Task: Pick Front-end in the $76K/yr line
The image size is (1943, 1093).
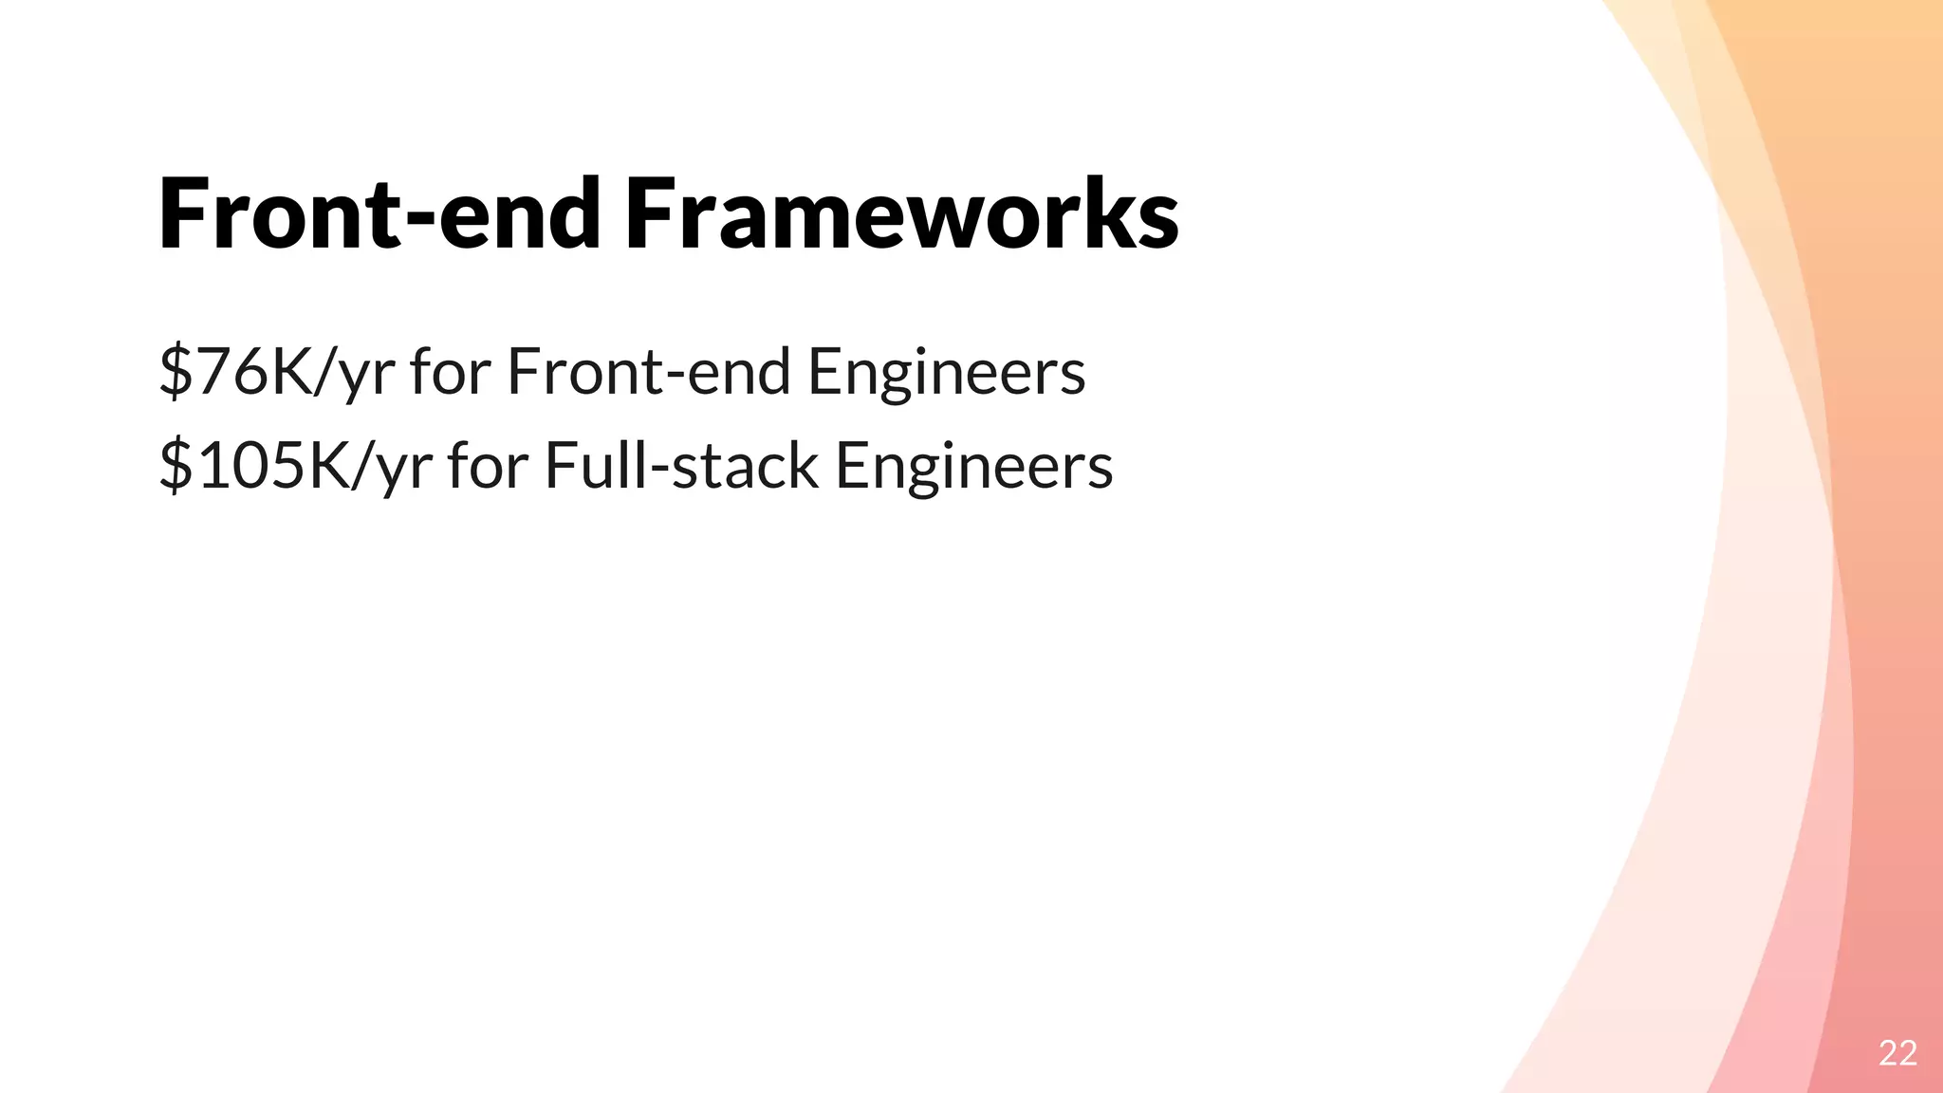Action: click(x=649, y=371)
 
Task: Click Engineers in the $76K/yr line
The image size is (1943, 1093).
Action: click(x=947, y=371)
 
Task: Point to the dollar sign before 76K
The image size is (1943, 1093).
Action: click(x=176, y=371)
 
